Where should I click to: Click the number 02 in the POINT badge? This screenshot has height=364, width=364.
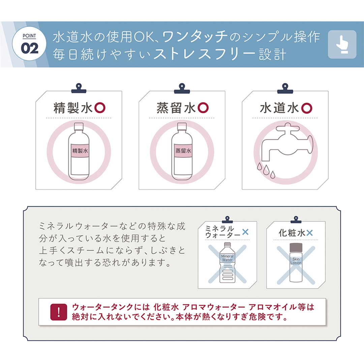[x=30, y=49]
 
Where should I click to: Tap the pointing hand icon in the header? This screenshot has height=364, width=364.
[x=342, y=44]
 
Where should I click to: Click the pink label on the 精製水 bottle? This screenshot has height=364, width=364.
[x=80, y=151]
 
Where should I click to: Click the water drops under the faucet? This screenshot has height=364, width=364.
[x=266, y=170]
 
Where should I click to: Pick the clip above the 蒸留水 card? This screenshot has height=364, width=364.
[x=182, y=88]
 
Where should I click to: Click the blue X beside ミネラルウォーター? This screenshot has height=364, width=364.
[x=245, y=232]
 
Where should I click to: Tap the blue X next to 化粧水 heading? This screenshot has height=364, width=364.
[x=310, y=233]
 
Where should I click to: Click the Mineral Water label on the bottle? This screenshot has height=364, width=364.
[x=227, y=258]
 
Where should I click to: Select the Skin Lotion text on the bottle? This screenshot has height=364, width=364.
[x=296, y=261]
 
